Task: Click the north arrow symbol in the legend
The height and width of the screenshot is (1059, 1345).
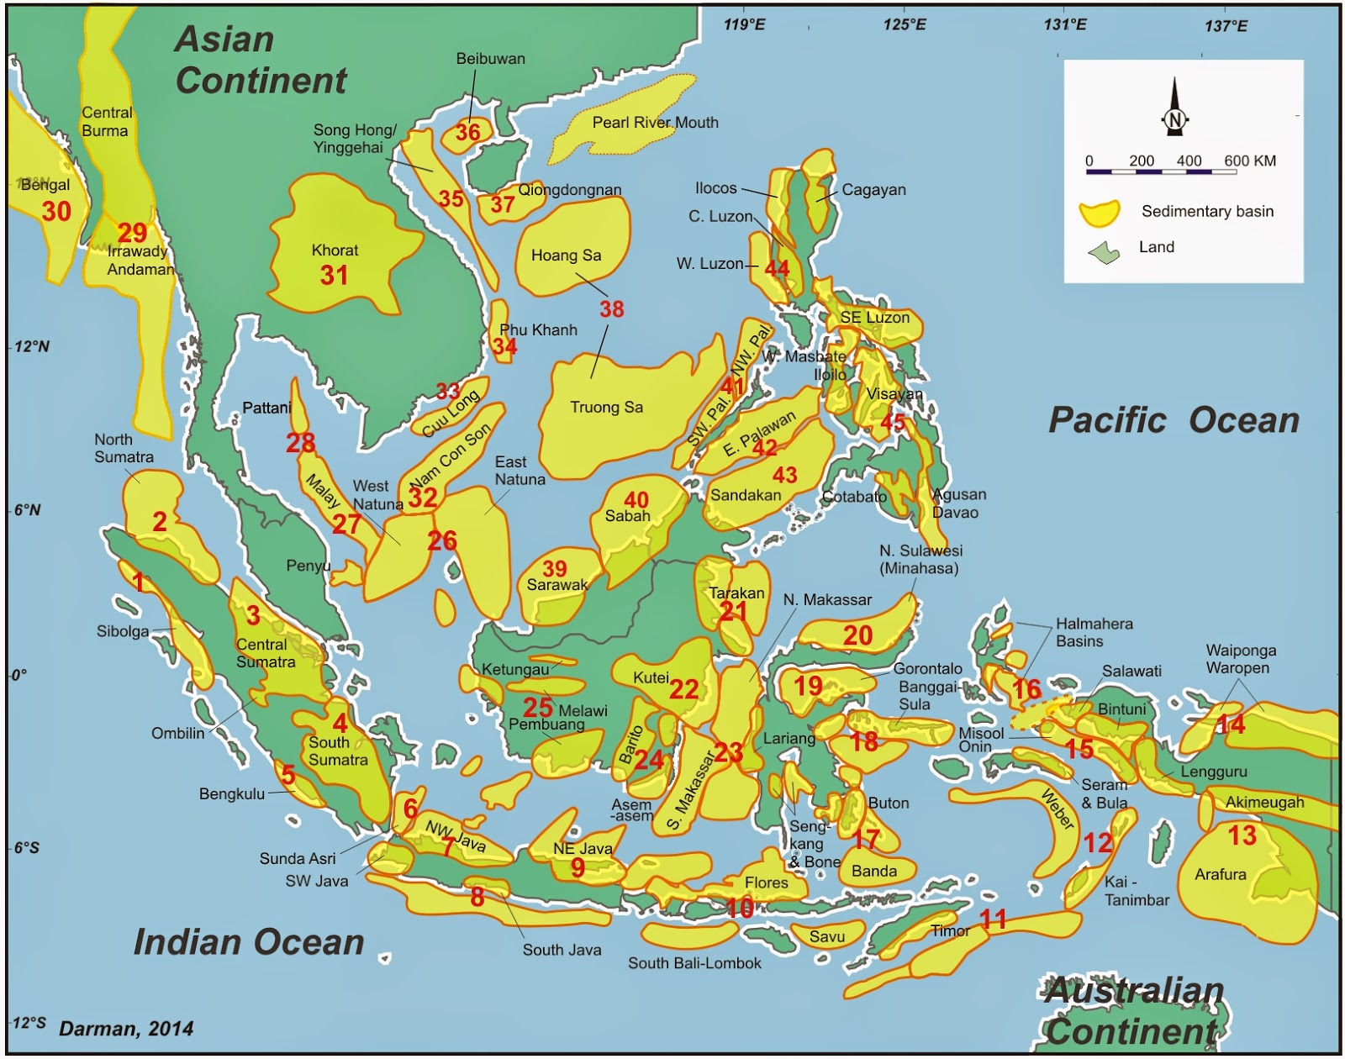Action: tap(1174, 108)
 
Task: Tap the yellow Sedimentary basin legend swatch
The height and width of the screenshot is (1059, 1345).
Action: tap(1100, 213)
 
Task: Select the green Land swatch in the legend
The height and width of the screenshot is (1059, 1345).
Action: tap(1104, 251)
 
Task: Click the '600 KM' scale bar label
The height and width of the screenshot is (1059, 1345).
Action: tap(1250, 161)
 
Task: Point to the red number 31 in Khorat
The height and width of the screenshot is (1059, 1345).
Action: tap(334, 275)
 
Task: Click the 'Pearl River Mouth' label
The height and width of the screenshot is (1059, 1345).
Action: tap(655, 123)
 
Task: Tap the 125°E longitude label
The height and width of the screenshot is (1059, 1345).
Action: tap(905, 24)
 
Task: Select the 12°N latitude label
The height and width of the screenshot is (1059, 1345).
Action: tap(32, 346)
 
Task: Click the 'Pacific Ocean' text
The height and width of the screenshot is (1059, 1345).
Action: tap(1174, 419)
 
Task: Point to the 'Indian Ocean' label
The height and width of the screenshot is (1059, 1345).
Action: tap(249, 941)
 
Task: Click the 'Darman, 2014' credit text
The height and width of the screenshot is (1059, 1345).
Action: tap(126, 1028)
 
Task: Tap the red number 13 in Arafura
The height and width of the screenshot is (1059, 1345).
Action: tap(1242, 835)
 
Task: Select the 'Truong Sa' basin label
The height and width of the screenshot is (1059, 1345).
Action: tap(606, 408)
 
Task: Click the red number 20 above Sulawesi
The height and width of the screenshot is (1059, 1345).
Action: tap(857, 635)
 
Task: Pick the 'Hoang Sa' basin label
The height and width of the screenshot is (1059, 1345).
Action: tap(566, 256)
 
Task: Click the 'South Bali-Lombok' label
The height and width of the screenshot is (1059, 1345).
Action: tap(694, 963)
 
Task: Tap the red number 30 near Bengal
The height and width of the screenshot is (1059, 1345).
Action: tap(56, 211)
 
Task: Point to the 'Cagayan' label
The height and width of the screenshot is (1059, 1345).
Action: tap(873, 190)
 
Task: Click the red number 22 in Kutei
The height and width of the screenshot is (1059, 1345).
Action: tap(683, 690)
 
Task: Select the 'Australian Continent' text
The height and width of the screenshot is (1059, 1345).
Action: tap(1133, 1011)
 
